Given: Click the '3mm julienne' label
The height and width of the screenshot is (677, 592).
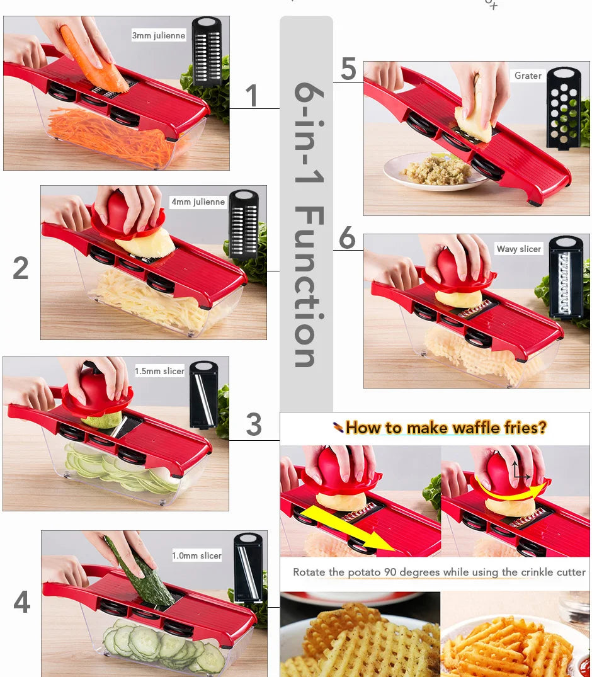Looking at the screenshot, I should click(159, 36).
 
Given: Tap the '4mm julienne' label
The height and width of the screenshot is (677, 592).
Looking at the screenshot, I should click(198, 202).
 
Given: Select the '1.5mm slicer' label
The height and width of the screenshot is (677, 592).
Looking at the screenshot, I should click(159, 372).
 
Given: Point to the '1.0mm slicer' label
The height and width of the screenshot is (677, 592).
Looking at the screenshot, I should click(196, 555).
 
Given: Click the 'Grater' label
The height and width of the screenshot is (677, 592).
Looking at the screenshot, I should click(528, 76).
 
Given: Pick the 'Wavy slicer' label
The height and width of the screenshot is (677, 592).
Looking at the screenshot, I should click(518, 249).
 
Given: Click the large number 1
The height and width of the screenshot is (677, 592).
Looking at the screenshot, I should click(251, 96).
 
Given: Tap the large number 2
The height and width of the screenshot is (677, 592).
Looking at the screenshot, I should click(21, 268).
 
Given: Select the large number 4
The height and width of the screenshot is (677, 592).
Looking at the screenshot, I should click(21, 602).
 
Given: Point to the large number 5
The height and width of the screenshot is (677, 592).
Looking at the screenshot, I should click(348, 69).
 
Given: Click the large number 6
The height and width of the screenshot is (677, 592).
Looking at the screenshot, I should click(347, 239).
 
